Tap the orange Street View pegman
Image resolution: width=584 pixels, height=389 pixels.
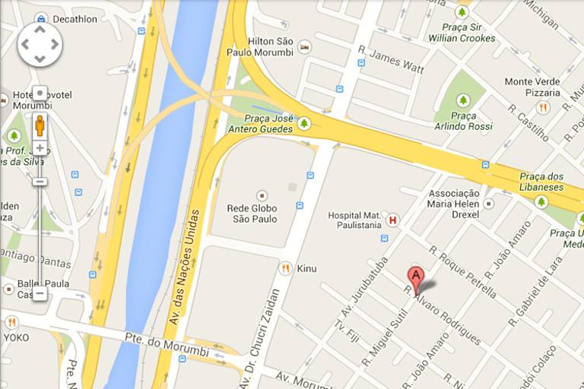[40, 125]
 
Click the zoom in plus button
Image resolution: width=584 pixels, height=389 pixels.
[40, 148]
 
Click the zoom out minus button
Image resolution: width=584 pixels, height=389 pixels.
[40, 293]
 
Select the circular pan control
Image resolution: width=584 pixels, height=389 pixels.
[40, 44]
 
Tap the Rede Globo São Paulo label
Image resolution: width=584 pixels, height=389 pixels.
[252, 213]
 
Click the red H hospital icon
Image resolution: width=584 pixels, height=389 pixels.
[392, 220]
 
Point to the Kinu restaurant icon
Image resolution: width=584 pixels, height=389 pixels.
[285, 268]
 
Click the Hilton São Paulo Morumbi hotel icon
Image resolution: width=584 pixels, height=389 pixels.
[304, 47]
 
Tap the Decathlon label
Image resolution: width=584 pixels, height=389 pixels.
[74, 19]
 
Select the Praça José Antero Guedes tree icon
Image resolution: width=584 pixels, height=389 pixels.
[304, 123]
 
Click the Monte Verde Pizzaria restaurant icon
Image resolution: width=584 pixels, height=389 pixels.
[542, 107]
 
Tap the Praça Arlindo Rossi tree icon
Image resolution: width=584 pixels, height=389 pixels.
[463, 100]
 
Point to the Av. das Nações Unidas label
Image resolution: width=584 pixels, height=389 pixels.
[184, 258]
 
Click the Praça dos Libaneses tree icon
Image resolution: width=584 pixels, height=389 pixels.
[541, 201]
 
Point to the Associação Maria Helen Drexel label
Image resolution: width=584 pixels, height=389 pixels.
[453, 204]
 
